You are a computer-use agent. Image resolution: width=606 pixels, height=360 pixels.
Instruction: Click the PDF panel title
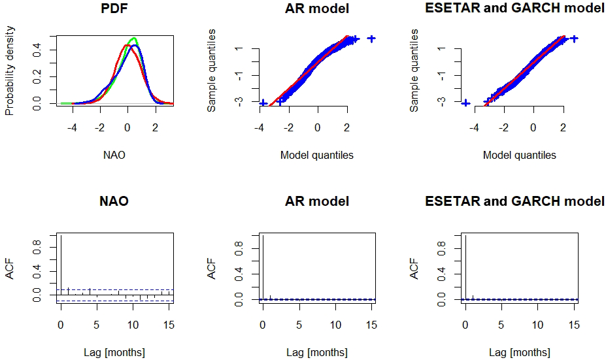(x=114, y=10)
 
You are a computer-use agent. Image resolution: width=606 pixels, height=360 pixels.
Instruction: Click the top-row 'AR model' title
(x=317, y=10)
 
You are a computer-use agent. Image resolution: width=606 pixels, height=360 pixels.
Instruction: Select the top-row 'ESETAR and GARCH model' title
(x=514, y=10)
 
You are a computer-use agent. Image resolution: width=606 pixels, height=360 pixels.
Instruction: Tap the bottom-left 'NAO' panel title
(x=114, y=201)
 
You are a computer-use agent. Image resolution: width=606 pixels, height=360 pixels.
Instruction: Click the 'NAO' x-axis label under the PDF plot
(x=114, y=155)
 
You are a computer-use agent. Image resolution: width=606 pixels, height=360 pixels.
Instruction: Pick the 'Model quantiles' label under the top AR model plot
(x=317, y=155)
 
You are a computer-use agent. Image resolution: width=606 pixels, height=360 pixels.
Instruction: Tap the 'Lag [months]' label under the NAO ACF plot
(x=114, y=353)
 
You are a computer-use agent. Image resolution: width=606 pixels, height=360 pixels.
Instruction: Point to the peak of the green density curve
(x=134, y=39)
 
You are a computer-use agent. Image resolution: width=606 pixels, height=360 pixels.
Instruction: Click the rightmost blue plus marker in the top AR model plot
(x=371, y=39)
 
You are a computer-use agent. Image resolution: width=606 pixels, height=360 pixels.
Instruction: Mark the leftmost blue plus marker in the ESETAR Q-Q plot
(x=465, y=103)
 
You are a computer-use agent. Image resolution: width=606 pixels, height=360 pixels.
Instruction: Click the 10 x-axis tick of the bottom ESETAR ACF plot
(x=537, y=325)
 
